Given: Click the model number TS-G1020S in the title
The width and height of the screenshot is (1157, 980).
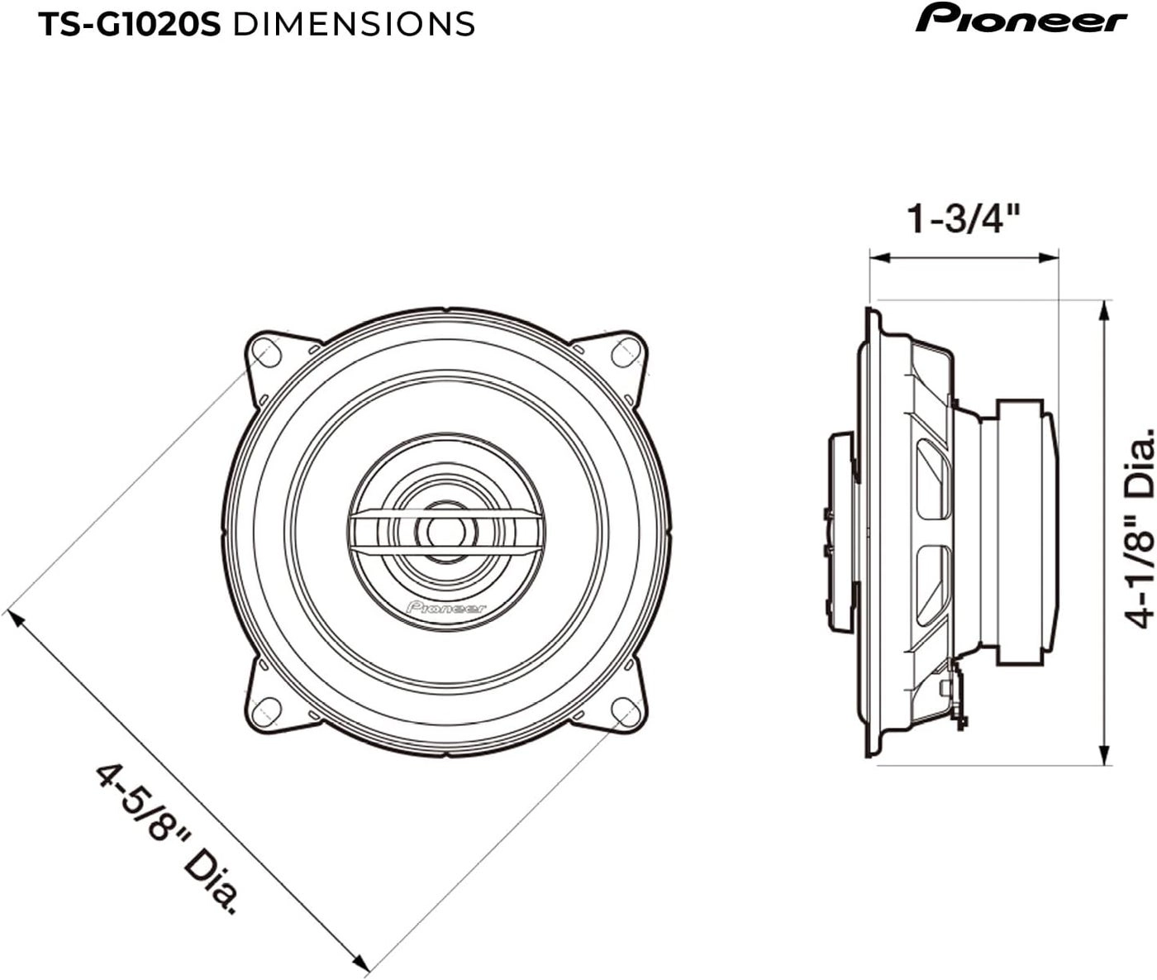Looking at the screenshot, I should click(130, 25).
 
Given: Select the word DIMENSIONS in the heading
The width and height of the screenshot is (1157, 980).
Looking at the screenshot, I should click(355, 25).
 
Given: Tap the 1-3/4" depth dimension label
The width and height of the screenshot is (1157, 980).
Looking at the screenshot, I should click(964, 219).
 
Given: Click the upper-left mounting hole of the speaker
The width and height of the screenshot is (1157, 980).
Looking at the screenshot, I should click(266, 355).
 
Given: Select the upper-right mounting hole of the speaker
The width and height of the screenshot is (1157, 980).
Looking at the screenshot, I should click(625, 353).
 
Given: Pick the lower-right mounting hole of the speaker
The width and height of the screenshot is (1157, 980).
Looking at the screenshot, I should click(626, 710).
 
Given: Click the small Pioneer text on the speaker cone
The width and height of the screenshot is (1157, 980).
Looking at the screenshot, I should click(446, 608).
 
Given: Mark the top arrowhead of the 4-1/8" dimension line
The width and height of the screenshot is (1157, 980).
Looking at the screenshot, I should click(1105, 308).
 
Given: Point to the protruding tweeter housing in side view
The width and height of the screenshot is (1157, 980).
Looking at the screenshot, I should click(841, 531).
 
